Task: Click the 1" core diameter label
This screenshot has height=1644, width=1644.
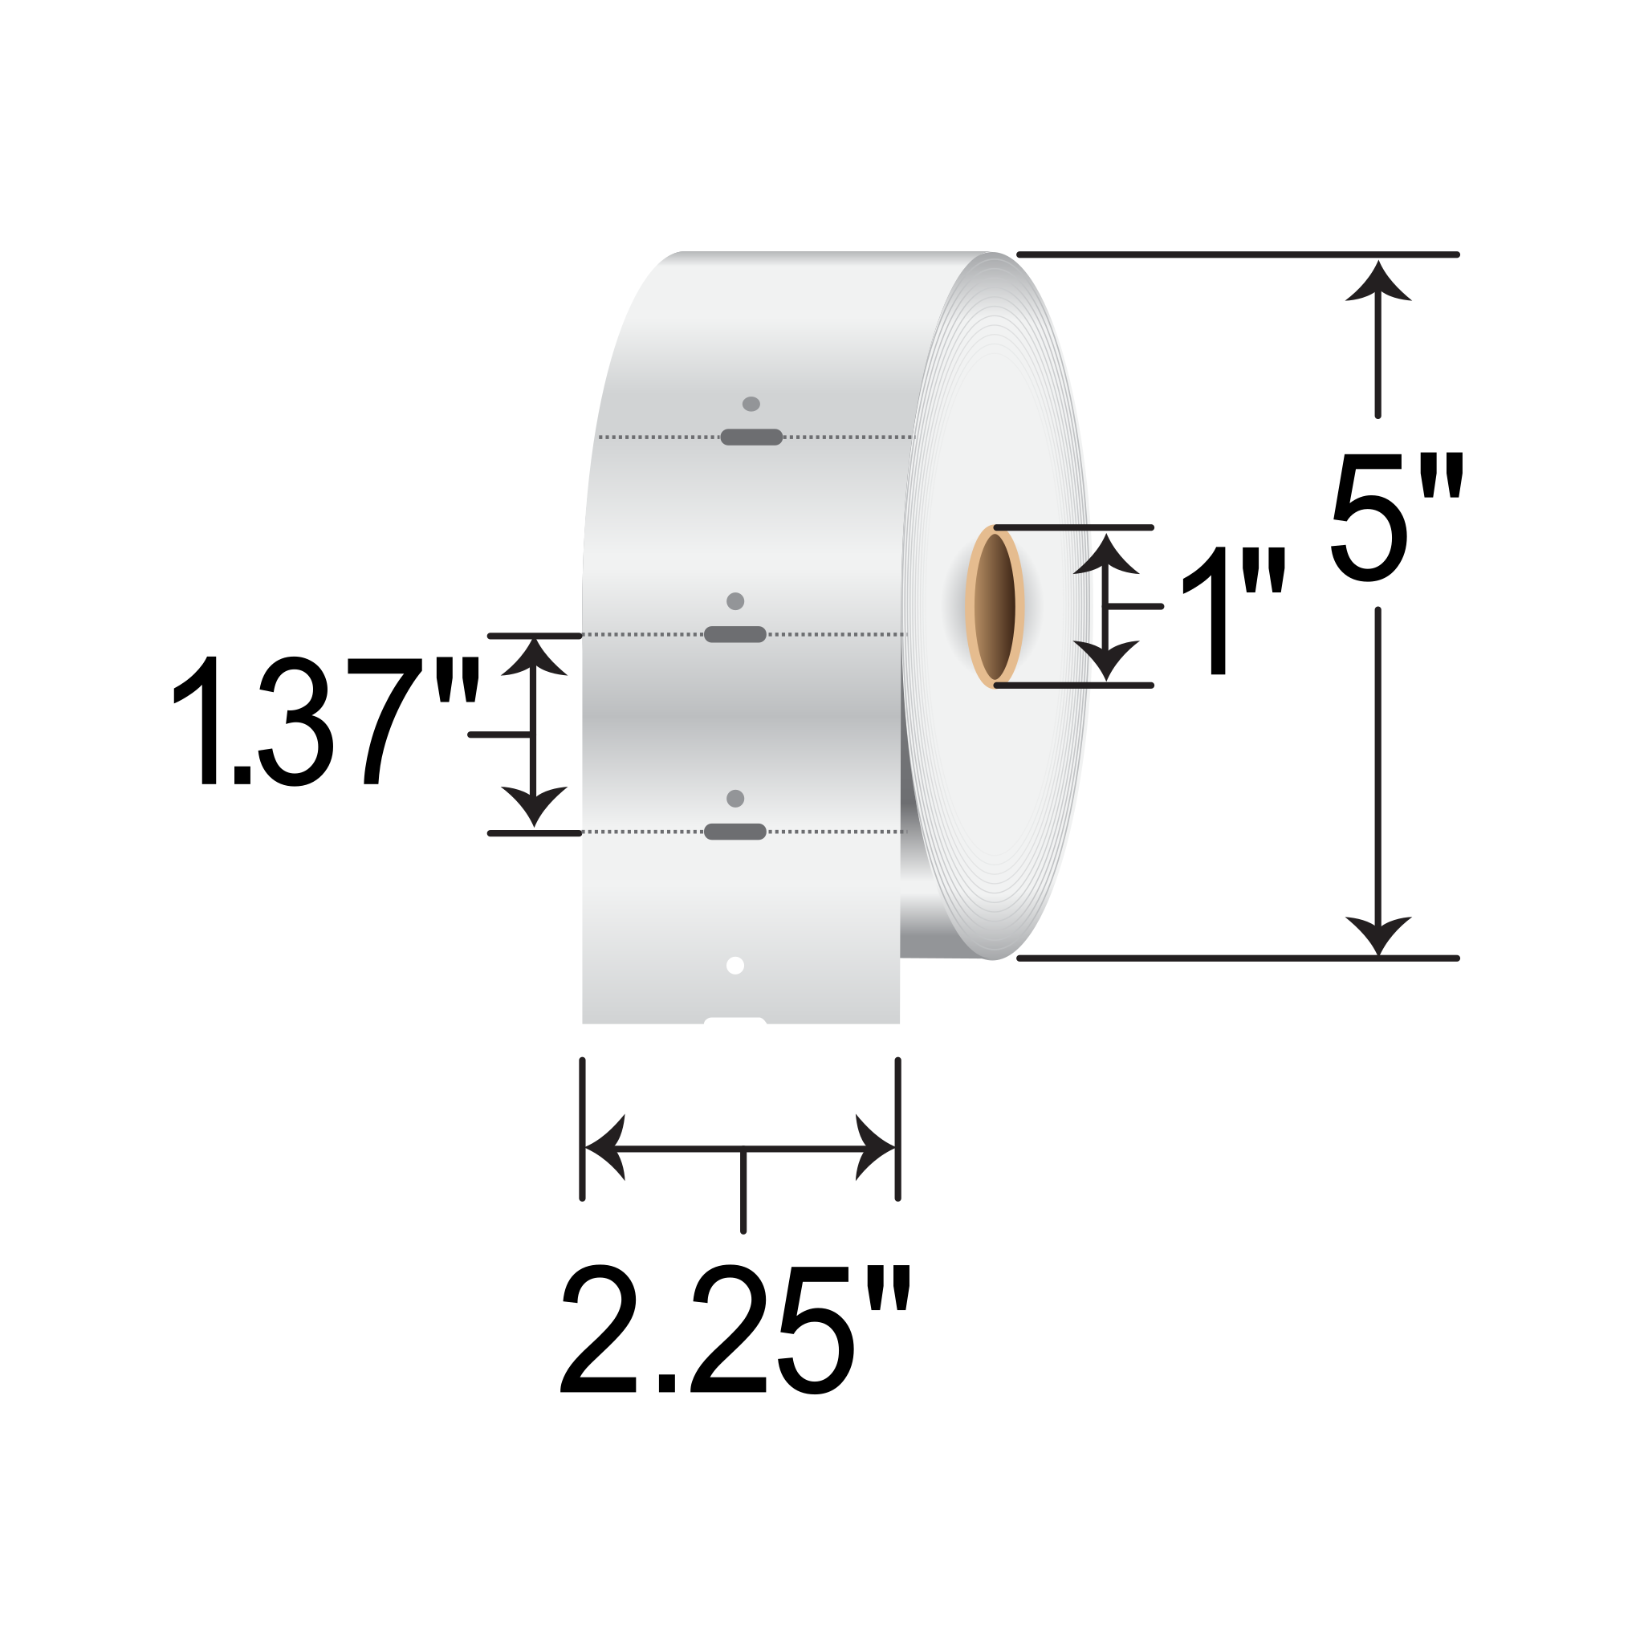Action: (x=1231, y=612)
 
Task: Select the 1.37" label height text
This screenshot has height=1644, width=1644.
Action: (x=326, y=720)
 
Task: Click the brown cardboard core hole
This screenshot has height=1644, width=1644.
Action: (x=994, y=606)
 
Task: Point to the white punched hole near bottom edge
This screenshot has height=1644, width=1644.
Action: (x=735, y=965)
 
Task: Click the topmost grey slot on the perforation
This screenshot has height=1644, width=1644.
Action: (x=751, y=437)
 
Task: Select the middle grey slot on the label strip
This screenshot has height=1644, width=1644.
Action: (x=735, y=634)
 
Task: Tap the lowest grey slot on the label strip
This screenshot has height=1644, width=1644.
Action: (x=735, y=832)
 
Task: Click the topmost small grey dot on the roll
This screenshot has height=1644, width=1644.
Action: (x=751, y=405)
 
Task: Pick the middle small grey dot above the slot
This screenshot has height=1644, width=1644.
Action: (x=735, y=601)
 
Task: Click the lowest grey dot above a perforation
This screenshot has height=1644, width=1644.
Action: (x=735, y=798)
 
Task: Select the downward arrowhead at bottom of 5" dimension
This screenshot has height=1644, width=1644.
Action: (x=1377, y=934)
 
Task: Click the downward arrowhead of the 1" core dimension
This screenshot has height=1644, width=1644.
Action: (x=1105, y=660)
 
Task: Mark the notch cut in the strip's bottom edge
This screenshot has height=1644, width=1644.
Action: (x=735, y=1019)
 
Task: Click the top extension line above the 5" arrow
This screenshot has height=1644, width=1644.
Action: (x=1238, y=254)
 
